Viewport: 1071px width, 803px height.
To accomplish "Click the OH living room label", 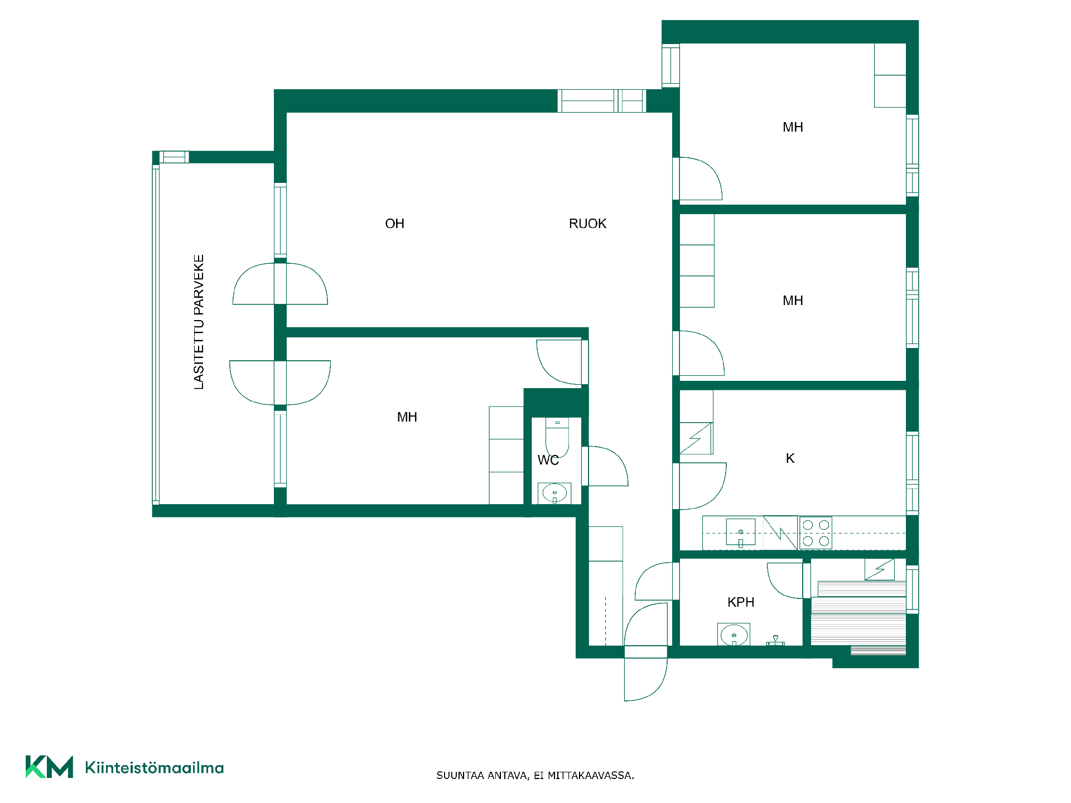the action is click(x=394, y=224).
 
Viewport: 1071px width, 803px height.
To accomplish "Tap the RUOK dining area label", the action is click(x=587, y=224).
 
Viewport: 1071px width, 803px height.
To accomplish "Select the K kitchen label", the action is click(x=790, y=458).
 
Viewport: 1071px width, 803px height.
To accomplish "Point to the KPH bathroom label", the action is click(x=741, y=602).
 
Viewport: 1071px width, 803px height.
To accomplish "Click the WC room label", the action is click(x=548, y=460).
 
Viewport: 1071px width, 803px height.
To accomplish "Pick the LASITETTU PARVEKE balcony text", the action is click(x=199, y=322).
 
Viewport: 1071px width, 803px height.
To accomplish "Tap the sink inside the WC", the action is click(x=554, y=493).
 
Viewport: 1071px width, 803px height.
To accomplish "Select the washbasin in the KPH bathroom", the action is click(x=734, y=635).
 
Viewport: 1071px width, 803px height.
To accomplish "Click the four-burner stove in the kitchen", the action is click(x=816, y=533).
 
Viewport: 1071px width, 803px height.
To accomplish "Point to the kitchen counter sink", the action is click(x=741, y=533).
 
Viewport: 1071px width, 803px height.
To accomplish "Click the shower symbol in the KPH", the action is click(x=775, y=640).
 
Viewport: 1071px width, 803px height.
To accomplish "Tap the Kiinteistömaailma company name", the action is click(x=155, y=768).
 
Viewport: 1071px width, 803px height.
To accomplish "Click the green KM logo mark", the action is click(x=49, y=767).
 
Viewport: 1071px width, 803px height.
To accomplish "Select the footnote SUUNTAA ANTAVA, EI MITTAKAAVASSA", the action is click(x=535, y=776).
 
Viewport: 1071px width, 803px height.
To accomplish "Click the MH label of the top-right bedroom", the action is click(x=793, y=127).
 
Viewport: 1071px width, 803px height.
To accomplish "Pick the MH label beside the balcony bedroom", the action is click(x=407, y=417).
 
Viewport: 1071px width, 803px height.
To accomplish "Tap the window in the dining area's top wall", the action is click(x=602, y=101).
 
